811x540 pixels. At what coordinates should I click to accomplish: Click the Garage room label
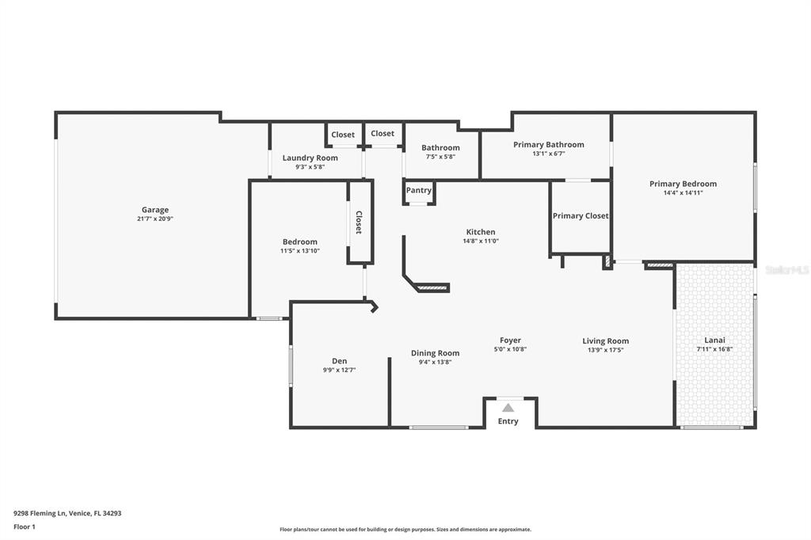click(x=155, y=210)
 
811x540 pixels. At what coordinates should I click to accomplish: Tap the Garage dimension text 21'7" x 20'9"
click(x=155, y=219)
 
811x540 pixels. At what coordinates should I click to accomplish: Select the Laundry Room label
click(x=310, y=158)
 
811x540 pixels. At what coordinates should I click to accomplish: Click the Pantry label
click(x=418, y=190)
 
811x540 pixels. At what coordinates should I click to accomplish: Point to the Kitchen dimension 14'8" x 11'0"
click(x=481, y=241)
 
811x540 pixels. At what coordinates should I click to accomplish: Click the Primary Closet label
click(x=581, y=215)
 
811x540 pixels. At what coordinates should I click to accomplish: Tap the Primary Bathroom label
click(x=548, y=144)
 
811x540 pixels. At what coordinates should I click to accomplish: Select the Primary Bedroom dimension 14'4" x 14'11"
click(x=683, y=193)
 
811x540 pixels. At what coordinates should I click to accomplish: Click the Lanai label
click(x=714, y=340)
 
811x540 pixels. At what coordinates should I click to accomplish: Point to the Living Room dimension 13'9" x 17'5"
click(x=605, y=350)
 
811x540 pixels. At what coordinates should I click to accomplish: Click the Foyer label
click(x=510, y=340)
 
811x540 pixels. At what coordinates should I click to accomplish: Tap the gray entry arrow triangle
click(x=508, y=408)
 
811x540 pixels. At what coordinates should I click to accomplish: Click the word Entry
click(x=508, y=421)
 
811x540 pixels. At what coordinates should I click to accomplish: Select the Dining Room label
click(x=435, y=353)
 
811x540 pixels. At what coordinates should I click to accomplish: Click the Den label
click(x=339, y=361)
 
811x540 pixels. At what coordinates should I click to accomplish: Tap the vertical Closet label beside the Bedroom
click(x=359, y=222)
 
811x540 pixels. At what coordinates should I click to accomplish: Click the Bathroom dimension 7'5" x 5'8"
click(x=440, y=157)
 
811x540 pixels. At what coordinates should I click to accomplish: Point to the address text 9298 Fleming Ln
click(x=40, y=514)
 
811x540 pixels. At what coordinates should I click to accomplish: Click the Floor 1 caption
click(x=25, y=527)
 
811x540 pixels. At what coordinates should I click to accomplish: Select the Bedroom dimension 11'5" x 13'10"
click(x=300, y=251)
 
